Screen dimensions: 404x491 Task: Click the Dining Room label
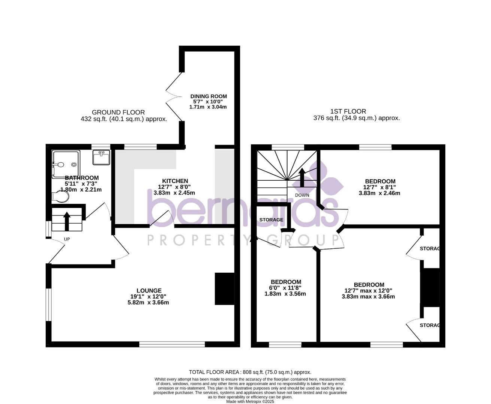pyautogui.click(x=208, y=97)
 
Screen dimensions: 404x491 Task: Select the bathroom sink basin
pyautogui.click(x=101, y=157)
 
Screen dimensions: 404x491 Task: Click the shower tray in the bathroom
pyautogui.click(x=66, y=164)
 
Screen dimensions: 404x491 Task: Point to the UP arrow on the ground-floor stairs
pyautogui.click(x=67, y=221)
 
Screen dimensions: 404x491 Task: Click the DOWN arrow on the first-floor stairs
pyautogui.click(x=302, y=177)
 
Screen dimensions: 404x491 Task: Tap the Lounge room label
pyautogui.click(x=149, y=291)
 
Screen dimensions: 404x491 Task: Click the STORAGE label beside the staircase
pyautogui.click(x=271, y=220)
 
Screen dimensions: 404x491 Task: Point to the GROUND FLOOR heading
pyautogui.click(x=118, y=112)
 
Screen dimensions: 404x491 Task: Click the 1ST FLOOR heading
pyautogui.click(x=348, y=111)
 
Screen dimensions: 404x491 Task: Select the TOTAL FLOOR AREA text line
pyautogui.click(x=250, y=372)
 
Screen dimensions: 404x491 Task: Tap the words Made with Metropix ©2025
pyautogui.click(x=250, y=401)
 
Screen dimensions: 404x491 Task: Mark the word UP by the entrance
pyautogui.click(x=67, y=239)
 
